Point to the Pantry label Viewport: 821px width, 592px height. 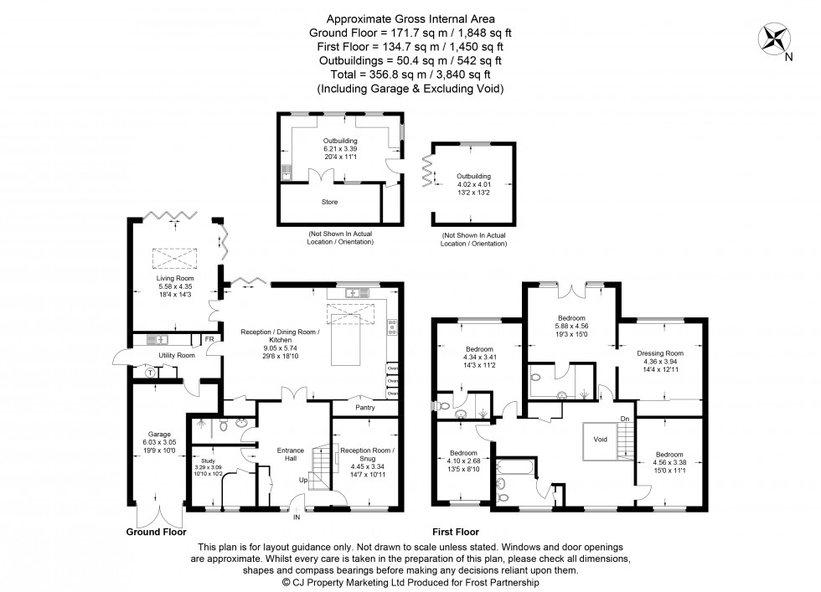coord(364,408)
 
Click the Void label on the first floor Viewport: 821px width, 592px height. coord(600,438)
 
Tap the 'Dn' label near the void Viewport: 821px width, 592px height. coord(624,419)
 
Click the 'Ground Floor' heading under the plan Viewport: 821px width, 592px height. coord(156,531)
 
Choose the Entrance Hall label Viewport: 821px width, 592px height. coord(291,455)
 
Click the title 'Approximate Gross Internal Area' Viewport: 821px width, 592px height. coord(410,18)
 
